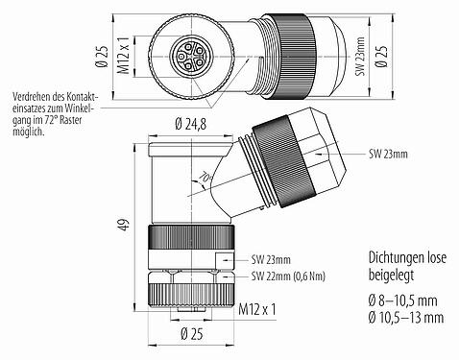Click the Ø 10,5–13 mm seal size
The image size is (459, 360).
tap(406, 317)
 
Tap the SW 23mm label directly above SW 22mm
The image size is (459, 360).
tap(270, 260)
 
